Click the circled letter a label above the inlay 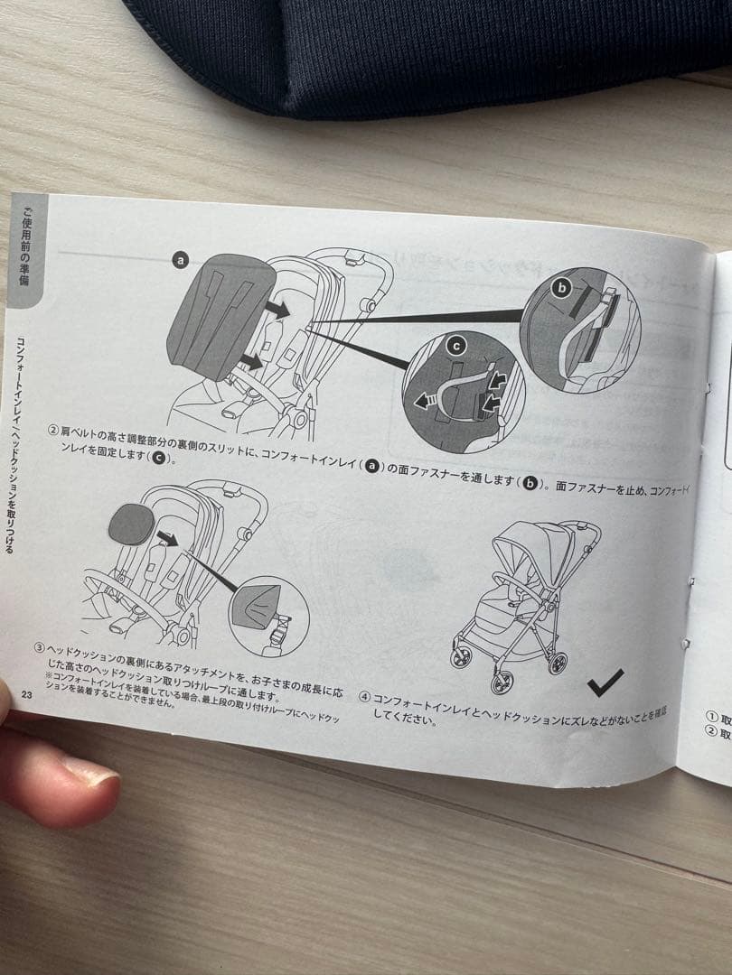(x=180, y=260)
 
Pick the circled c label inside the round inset (x=456, y=345)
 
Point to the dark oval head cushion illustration (x=131, y=525)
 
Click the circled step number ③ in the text (x=40, y=647)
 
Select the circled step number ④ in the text (x=364, y=696)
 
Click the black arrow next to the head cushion (x=166, y=540)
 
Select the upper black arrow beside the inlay (x=278, y=310)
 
